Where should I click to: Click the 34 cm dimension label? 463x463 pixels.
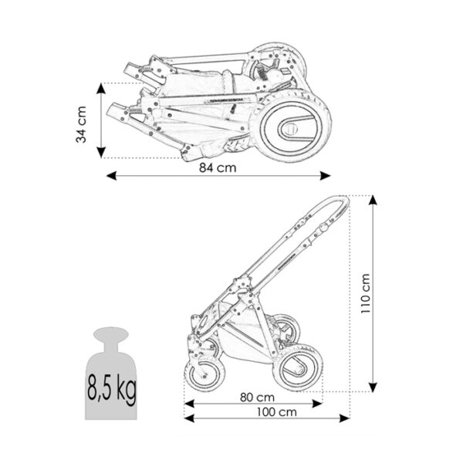pyautogui.click(x=81, y=124)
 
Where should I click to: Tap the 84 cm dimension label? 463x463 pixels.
pyautogui.click(x=218, y=167)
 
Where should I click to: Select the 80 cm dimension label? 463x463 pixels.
pyautogui.click(x=257, y=397)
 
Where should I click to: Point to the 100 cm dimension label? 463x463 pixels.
pyautogui.click(x=277, y=412)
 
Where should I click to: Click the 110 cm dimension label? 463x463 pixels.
pyautogui.click(x=365, y=293)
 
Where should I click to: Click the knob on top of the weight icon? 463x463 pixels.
pyautogui.click(x=111, y=333)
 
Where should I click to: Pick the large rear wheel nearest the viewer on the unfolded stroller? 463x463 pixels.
pyautogui.click(x=298, y=367)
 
